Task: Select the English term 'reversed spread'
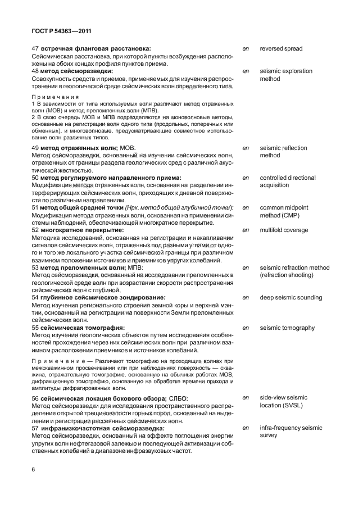(x=281, y=49)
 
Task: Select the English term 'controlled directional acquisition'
(x=287, y=181)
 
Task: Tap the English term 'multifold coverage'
(x=284, y=230)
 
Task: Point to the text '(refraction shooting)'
(x=288, y=275)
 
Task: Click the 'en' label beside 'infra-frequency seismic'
(x=246, y=428)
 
